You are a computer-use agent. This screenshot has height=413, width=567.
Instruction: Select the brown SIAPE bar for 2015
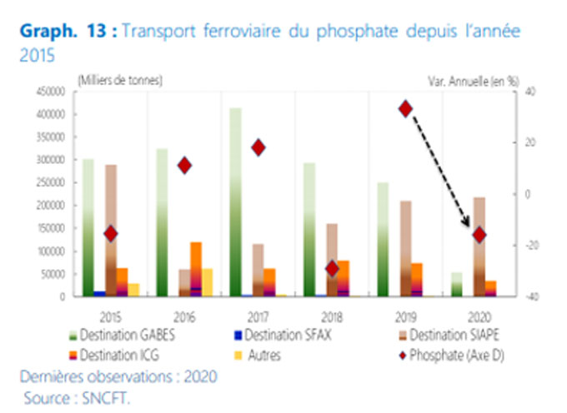point(110,230)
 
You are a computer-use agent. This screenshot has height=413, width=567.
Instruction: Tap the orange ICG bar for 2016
point(196,268)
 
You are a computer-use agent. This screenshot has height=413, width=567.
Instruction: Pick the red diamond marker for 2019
point(406,108)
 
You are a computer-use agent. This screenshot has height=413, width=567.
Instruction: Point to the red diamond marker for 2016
point(184,165)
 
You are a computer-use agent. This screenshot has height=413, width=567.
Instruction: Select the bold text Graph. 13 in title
point(68,32)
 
